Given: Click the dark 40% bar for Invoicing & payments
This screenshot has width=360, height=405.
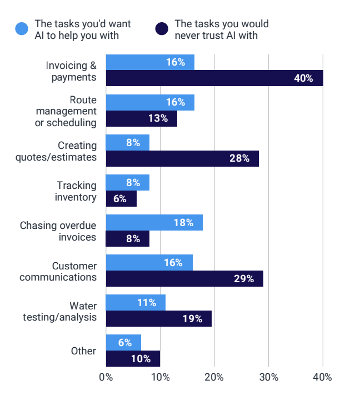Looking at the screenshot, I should [214, 78].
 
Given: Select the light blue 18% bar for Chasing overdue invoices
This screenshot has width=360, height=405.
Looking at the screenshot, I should [154, 223].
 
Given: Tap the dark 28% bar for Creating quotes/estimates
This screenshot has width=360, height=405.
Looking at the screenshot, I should [182, 158].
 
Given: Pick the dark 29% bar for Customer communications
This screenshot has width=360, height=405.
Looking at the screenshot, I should [184, 279].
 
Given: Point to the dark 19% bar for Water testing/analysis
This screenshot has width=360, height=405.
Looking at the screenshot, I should [158, 319].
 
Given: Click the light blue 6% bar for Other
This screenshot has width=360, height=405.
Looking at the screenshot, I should [123, 343].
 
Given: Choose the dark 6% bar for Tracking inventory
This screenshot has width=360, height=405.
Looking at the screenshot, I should [121, 198].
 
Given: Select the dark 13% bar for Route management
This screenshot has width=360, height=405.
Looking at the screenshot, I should [141, 118].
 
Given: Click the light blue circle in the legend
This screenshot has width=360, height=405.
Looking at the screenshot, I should [22, 29].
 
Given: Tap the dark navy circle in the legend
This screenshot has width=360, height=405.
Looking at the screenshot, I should [162, 29].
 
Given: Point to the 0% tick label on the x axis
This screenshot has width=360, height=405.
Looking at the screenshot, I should [106, 377].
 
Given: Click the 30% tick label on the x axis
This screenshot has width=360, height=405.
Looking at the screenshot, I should [268, 377].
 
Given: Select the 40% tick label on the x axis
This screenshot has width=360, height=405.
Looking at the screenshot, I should [323, 377].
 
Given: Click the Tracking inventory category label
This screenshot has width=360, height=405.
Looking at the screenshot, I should [77, 191].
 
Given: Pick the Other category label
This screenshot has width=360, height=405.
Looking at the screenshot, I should [83, 351].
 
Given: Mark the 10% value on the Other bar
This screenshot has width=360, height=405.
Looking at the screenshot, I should [141, 359].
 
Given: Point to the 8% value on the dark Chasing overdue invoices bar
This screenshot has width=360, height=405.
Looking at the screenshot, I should [133, 239].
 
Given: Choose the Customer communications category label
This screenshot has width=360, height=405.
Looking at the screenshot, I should [58, 271].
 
